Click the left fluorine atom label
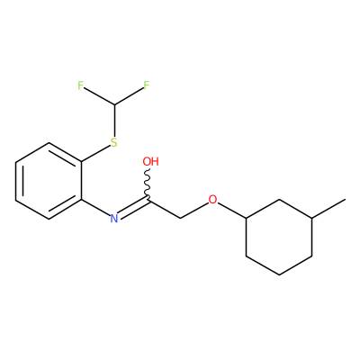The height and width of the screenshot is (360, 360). pyautogui.click(x=80, y=85)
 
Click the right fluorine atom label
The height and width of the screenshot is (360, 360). pyautogui.click(x=146, y=85)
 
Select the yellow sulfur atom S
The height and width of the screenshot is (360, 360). pyautogui.click(x=113, y=142)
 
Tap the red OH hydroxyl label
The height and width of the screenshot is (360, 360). pyautogui.click(x=150, y=161)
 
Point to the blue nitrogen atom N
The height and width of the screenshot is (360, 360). pyautogui.click(x=113, y=219)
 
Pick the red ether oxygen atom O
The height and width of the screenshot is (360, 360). pyautogui.click(x=212, y=199)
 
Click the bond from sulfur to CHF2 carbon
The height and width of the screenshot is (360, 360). pyautogui.click(x=114, y=121)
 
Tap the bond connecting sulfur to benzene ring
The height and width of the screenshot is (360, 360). pyautogui.click(x=95, y=153)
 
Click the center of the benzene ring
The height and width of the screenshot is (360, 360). pyautogui.click(x=49, y=181)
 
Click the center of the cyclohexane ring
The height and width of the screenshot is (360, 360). pyautogui.click(x=279, y=237)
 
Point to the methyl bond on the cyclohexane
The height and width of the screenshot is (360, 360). pyautogui.click(x=328, y=209)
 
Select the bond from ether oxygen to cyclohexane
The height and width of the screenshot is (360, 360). pyautogui.click(x=232, y=211)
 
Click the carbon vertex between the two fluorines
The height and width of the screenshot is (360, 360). pyautogui.click(x=114, y=104)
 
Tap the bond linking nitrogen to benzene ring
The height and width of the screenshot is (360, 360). pyautogui.click(x=95, y=208)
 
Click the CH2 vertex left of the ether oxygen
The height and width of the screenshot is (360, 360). pyautogui.click(x=180, y=218)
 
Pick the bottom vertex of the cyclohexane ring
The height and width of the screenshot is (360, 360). pyautogui.click(x=279, y=274)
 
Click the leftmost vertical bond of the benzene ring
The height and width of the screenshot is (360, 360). pyautogui.click(x=15, y=181)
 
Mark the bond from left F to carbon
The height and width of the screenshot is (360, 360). pyautogui.click(x=99, y=96)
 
